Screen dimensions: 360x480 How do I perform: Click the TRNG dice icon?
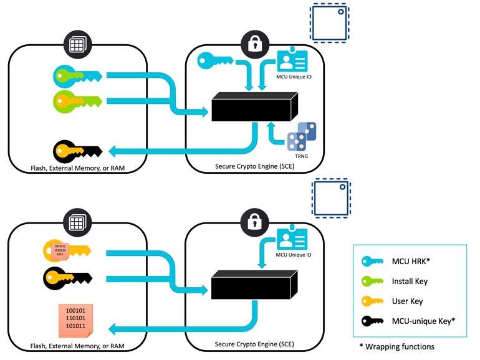click(302, 136)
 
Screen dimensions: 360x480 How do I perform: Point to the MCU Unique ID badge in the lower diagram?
click(292, 237)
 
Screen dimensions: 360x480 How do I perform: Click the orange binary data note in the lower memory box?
click(75, 318)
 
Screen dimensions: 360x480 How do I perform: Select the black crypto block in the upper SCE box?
click(252, 107)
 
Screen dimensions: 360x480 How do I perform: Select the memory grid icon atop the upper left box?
click(77, 44)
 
